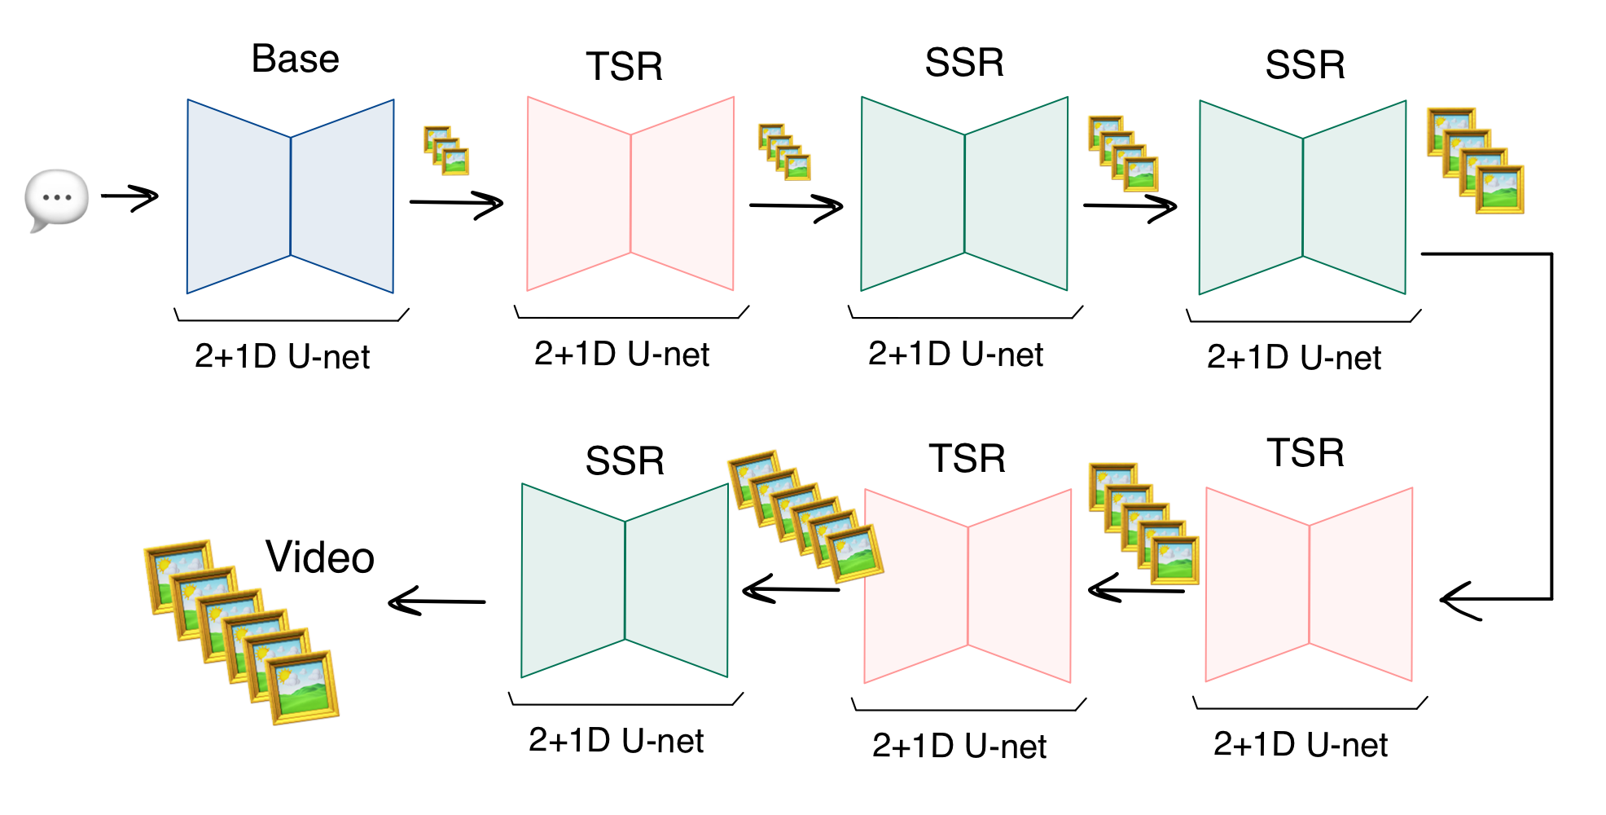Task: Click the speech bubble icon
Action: (x=56, y=199)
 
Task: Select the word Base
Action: (x=295, y=59)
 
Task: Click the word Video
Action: (x=320, y=558)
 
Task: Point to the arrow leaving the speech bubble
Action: (x=129, y=197)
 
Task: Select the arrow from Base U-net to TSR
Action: (x=456, y=203)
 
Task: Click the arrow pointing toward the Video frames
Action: (x=437, y=602)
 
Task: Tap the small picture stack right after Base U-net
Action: (x=446, y=151)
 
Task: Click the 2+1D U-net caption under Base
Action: (x=283, y=357)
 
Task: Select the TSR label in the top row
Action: (x=625, y=67)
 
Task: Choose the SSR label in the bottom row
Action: (x=625, y=461)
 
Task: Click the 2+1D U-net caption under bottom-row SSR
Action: (x=617, y=741)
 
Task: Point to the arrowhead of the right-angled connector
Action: (x=1454, y=600)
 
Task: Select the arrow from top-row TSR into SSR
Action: (x=796, y=206)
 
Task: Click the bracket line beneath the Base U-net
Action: (x=291, y=319)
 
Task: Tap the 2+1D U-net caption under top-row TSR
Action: (x=622, y=355)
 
